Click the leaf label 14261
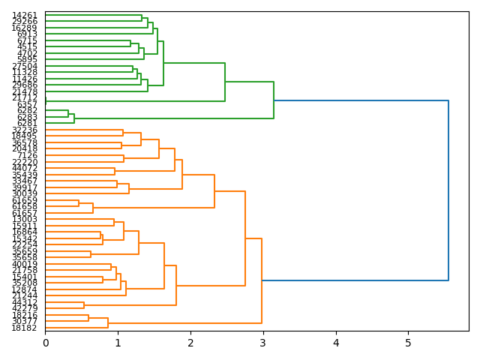pyautogui.click(x=25, y=15)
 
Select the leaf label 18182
pyautogui.click(x=25, y=328)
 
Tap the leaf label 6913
pyautogui.click(x=27, y=34)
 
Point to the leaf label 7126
pyautogui.click(x=27, y=155)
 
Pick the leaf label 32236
pyautogui.click(x=25, y=130)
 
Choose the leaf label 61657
pyautogui.click(x=25, y=214)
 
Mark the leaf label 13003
pyautogui.click(x=25, y=220)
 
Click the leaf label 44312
pyautogui.click(x=25, y=302)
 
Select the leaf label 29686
pyautogui.click(x=25, y=85)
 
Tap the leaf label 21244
pyautogui.click(x=25, y=295)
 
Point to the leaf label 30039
pyautogui.click(x=25, y=194)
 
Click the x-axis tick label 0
pyautogui.click(x=46, y=343)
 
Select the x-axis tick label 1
pyautogui.click(x=118, y=343)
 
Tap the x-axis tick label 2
pyautogui.click(x=190, y=343)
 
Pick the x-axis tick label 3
pyautogui.click(x=263, y=343)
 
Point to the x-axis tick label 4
pyautogui.click(x=336, y=343)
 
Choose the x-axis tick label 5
pyautogui.click(x=409, y=343)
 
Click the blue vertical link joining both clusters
pyautogui.click(x=448, y=190)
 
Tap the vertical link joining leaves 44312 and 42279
pyautogui.click(x=84, y=305)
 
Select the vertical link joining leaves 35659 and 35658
pyautogui.click(x=91, y=254)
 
